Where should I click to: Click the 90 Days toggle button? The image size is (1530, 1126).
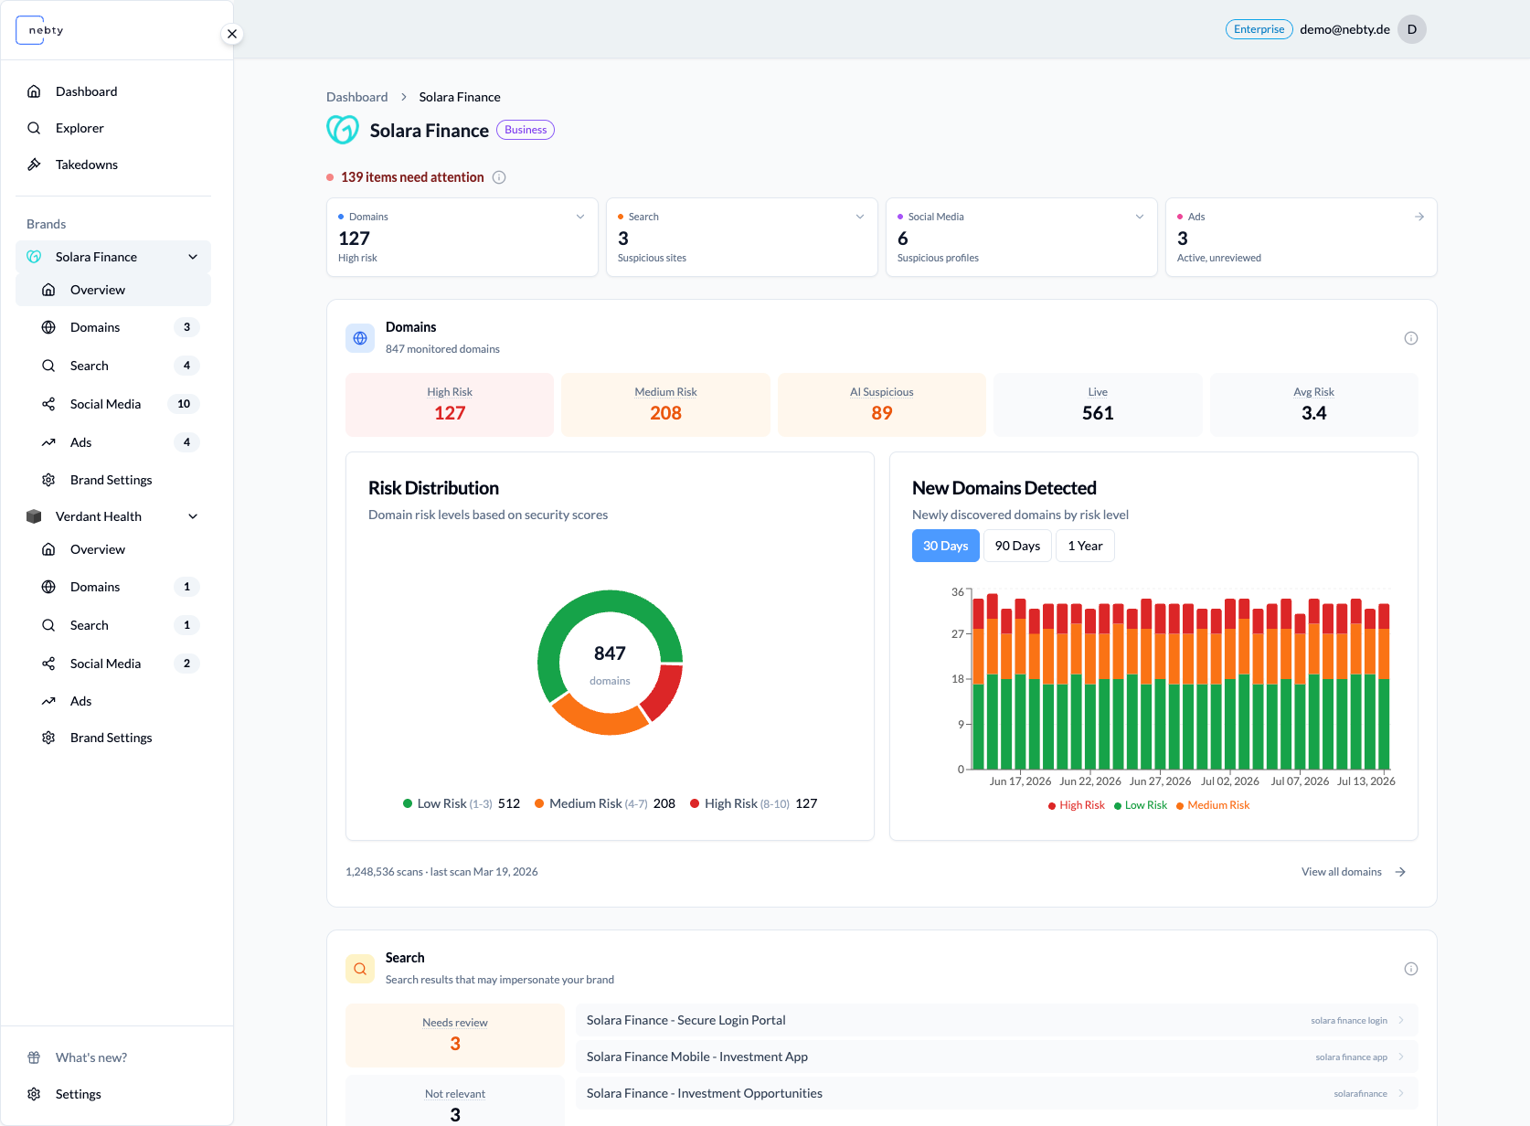pyautogui.click(x=1017, y=546)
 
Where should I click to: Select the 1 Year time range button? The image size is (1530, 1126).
pyautogui.click(x=1085, y=546)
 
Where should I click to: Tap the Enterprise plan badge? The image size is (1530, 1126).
pyautogui.click(x=1259, y=29)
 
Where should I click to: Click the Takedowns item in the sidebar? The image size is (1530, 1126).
pyautogui.click(x=86, y=165)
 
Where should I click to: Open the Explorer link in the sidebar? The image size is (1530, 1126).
pyautogui.click(x=80, y=128)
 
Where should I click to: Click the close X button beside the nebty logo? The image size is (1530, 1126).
pyautogui.click(x=232, y=34)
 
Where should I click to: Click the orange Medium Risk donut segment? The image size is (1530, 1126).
pyautogui.click(x=599, y=718)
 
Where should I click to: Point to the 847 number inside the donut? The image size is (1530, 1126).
pyautogui.click(x=610, y=653)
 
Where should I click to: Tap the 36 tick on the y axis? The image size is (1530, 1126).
pyautogui.click(x=957, y=592)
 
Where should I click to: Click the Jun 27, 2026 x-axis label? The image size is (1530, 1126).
pyautogui.click(x=1160, y=781)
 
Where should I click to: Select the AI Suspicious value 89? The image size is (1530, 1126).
pyautogui.click(x=881, y=413)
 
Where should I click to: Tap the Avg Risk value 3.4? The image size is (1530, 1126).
pyautogui.click(x=1312, y=413)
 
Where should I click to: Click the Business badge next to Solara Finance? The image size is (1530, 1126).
pyautogui.click(x=526, y=130)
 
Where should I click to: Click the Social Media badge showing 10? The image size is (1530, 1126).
pyautogui.click(x=184, y=404)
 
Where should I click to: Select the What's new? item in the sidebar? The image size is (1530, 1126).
pyautogui.click(x=90, y=1057)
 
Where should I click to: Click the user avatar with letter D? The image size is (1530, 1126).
pyautogui.click(x=1411, y=29)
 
